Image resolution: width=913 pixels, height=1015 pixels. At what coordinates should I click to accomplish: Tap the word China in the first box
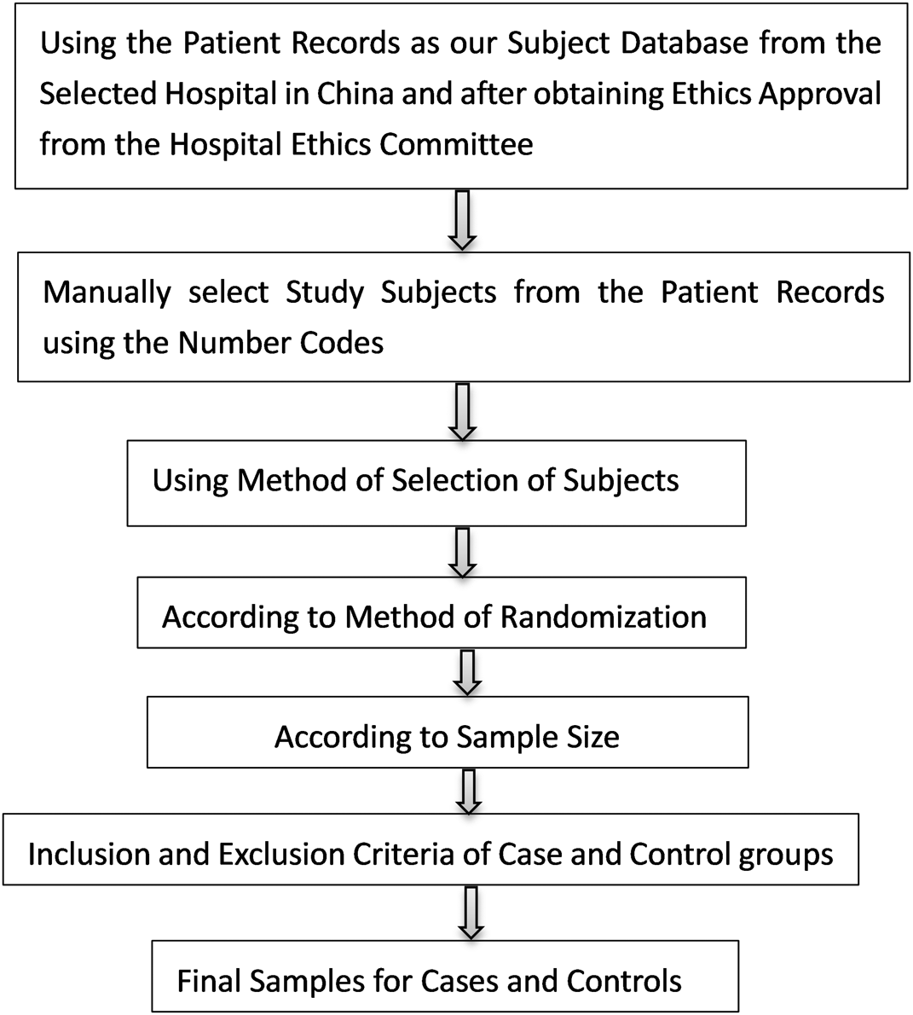click(x=355, y=94)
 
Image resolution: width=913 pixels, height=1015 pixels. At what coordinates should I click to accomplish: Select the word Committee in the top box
click(x=457, y=144)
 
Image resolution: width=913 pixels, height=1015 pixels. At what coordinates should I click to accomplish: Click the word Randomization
click(x=603, y=617)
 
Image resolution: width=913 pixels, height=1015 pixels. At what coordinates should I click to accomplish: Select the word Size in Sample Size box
click(x=592, y=737)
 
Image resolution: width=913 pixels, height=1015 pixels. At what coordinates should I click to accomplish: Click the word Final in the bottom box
click(x=209, y=982)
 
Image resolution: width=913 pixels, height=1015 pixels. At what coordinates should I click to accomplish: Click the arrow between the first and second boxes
click(x=463, y=219)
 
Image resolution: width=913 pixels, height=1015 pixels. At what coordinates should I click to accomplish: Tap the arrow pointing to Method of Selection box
click(x=463, y=412)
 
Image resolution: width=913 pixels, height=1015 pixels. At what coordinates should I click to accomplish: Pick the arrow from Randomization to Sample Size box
click(x=467, y=673)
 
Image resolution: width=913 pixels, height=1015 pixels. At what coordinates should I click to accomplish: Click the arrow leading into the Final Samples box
click(x=471, y=913)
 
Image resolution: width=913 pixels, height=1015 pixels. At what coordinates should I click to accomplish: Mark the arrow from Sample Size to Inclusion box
click(x=469, y=792)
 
